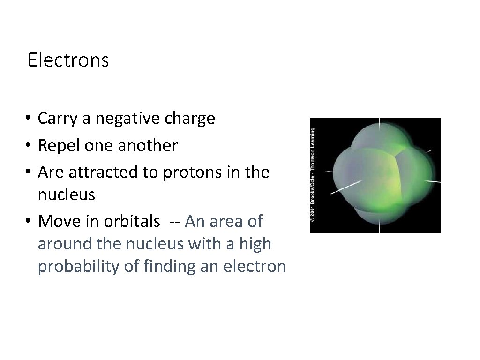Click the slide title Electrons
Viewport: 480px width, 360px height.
pos(68,60)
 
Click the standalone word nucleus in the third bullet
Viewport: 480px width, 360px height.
pos(66,195)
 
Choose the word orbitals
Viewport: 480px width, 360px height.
pos(132,221)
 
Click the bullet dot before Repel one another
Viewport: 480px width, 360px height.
pos(29,146)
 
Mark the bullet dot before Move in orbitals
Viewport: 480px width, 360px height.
pos(29,221)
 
